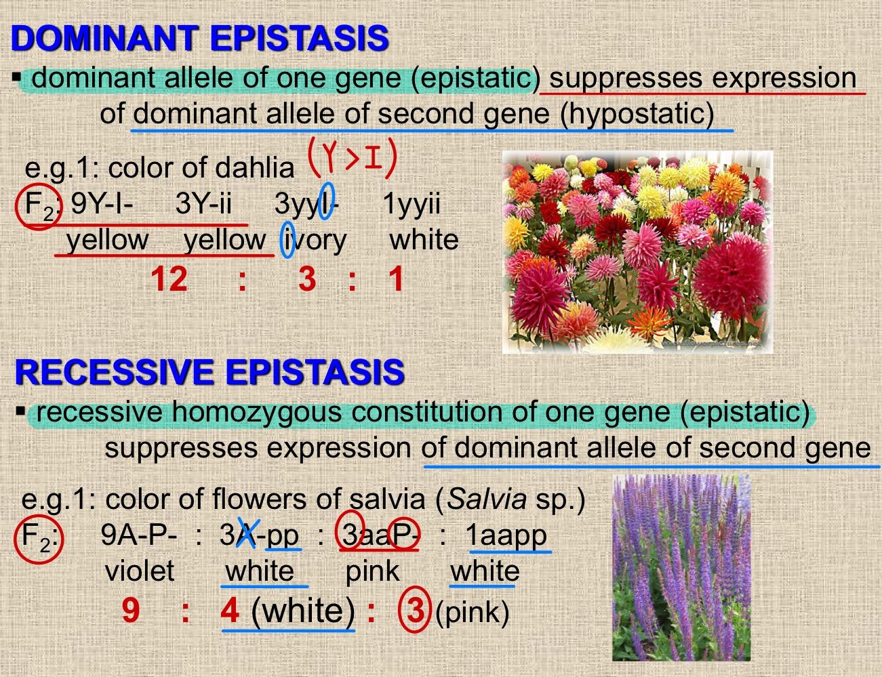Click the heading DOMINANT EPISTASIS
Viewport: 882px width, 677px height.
click(x=199, y=38)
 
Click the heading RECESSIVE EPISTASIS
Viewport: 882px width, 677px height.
click(x=209, y=372)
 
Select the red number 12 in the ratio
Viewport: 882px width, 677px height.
click(x=169, y=279)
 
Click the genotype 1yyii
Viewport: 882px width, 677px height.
click(x=412, y=203)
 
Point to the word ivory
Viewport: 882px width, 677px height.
click(x=315, y=240)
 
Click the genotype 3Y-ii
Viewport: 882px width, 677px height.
click(x=203, y=203)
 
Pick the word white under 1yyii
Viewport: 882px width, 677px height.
click(x=424, y=240)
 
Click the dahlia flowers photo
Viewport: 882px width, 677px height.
click(x=637, y=251)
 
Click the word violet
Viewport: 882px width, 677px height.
click(x=140, y=571)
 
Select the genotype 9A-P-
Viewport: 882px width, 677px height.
click(x=139, y=535)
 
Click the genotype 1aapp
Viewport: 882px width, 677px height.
click(x=506, y=535)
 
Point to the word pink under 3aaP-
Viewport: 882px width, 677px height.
click(x=372, y=571)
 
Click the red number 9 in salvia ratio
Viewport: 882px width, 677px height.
click(x=132, y=610)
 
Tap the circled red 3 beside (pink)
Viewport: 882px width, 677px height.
click(x=415, y=610)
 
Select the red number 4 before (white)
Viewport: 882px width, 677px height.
click(x=230, y=610)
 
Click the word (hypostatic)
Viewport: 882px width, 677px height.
click(x=637, y=114)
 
